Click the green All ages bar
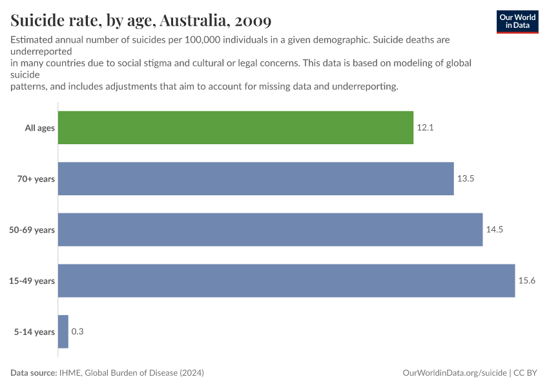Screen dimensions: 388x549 (x=236, y=127)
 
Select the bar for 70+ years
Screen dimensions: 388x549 (x=256, y=178)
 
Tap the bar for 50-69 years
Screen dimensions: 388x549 (x=270, y=230)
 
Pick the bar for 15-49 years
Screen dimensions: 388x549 (x=286, y=281)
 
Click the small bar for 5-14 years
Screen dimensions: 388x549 (x=63, y=332)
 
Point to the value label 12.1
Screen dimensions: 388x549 (x=425, y=128)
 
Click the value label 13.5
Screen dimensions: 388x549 (x=466, y=178)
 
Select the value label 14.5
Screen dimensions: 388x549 (x=495, y=230)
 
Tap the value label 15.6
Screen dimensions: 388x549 (x=527, y=281)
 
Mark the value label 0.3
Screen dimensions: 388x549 (x=78, y=332)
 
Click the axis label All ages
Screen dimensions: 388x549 (x=39, y=128)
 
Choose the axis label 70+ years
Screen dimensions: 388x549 (x=36, y=179)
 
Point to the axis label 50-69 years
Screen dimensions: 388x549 (x=32, y=230)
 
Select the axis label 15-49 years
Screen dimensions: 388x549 (x=32, y=281)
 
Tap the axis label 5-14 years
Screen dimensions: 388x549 (x=34, y=332)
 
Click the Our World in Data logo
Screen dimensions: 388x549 (x=517, y=21)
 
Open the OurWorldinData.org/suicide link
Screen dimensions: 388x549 (x=454, y=373)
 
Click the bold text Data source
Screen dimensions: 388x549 (x=34, y=373)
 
